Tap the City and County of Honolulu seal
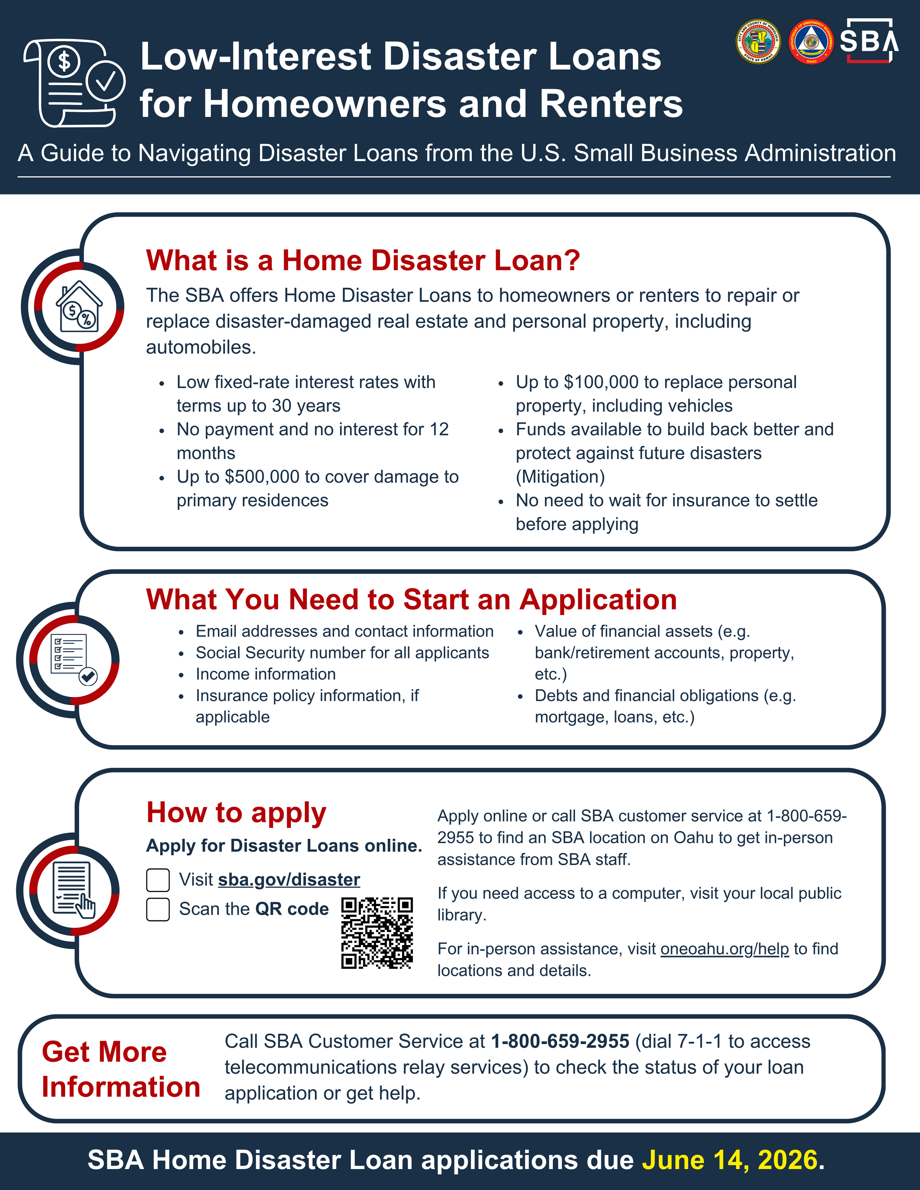[x=758, y=42]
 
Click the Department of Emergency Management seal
[x=811, y=42]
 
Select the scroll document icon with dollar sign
[x=74, y=83]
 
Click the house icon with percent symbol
[x=79, y=306]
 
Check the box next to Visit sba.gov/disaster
[x=158, y=880]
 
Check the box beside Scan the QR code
[x=158, y=909]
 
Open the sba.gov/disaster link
[x=289, y=880]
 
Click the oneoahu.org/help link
[x=724, y=949]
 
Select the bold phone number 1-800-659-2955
[x=560, y=1041]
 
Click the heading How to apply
[x=236, y=813]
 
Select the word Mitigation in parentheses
[x=560, y=477]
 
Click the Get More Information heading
[x=120, y=1069]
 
